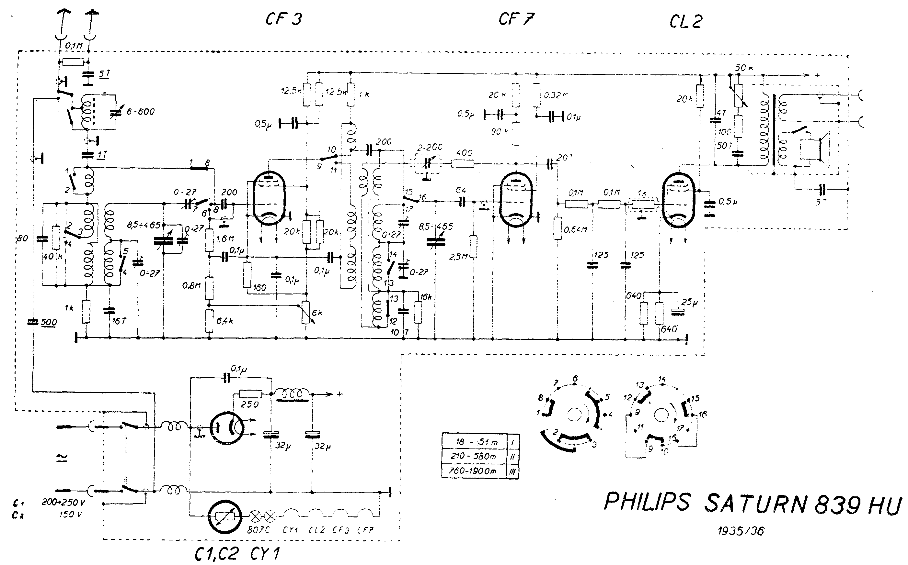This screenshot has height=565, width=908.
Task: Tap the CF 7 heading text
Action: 516,19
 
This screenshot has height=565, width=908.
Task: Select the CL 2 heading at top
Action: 685,22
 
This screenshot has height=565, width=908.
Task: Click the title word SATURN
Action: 755,503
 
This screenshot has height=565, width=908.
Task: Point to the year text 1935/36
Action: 741,531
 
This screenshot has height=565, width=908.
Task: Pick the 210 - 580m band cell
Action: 474,456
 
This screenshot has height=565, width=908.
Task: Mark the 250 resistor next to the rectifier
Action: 250,394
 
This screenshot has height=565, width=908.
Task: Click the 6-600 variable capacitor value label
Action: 141,111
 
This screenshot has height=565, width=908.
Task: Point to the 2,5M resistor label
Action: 458,257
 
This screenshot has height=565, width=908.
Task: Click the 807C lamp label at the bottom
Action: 259,530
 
